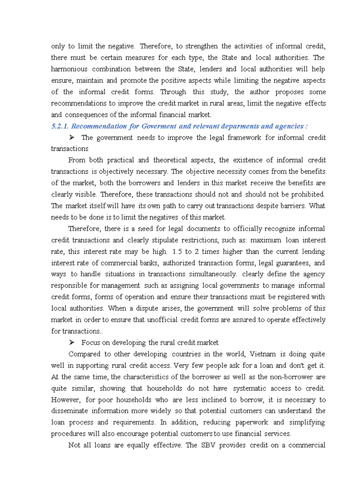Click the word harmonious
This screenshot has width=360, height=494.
pos(69,69)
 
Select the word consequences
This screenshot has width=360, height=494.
pos(85,115)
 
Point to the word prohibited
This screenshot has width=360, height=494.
pos(307,195)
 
